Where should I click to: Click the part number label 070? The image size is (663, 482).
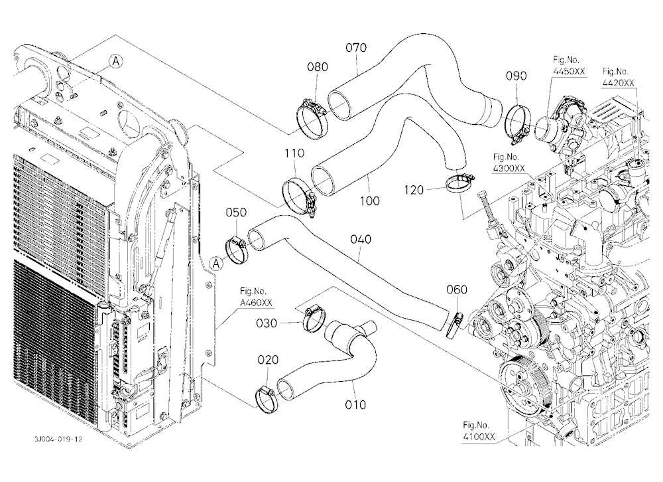click(x=356, y=47)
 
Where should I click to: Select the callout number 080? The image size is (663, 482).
click(x=317, y=66)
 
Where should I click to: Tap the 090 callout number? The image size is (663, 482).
click(x=516, y=76)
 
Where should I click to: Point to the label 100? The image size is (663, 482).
click(x=369, y=201)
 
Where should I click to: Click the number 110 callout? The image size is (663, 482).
click(x=294, y=153)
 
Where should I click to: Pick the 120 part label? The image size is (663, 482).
click(x=414, y=190)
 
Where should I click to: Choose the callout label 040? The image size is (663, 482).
click(x=361, y=239)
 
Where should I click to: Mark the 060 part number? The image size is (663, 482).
click(x=457, y=289)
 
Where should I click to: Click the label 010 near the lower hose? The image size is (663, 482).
click(x=355, y=405)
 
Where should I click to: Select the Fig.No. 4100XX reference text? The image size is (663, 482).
click(x=479, y=431)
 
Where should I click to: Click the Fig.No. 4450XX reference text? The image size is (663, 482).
click(x=569, y=65)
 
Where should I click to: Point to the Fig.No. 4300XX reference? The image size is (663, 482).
click(x=509, y=163)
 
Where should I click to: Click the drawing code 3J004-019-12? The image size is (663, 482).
click(x=58, y=439)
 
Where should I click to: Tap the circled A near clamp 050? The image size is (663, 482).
click(x=217, y=264)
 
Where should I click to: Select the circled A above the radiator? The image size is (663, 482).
click(x=115, y=62)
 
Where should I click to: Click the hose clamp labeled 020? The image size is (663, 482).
click(x=267, y=399)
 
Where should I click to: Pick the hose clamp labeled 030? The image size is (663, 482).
click(x=314, y=319)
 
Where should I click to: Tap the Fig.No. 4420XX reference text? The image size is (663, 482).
click(x=619, y=77)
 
